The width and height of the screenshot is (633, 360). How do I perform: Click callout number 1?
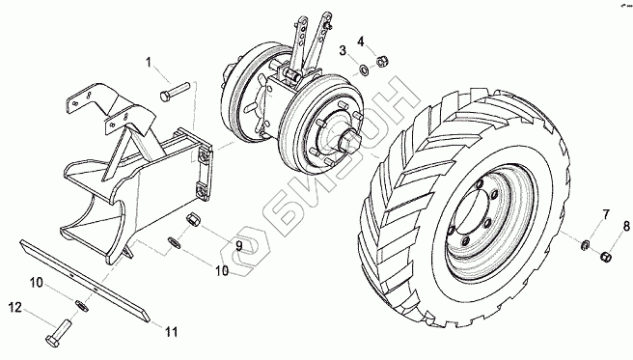pos(149,63)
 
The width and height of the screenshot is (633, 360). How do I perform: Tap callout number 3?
pos(343,51)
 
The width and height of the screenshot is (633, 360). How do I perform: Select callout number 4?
pos(361,42)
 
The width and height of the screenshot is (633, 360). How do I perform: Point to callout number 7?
pos(606,214)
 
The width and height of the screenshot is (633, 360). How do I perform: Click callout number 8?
pos(626,226)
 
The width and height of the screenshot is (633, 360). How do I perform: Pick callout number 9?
pos(239,245)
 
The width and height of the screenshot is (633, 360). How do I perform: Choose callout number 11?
pos(171,332)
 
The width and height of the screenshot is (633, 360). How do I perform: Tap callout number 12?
pos(14,308)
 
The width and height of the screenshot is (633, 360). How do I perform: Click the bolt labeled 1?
pos(175,92)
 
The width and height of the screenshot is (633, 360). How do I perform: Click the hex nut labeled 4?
pos(382,62)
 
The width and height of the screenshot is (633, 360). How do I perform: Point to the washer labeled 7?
pos(585,244)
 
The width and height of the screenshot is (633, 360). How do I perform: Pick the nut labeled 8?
pos(605,256)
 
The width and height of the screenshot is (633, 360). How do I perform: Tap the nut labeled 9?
pos(191,221)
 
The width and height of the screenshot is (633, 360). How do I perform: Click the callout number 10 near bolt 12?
pos(36,283)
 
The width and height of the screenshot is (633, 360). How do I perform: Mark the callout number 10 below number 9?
pos(222,270)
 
